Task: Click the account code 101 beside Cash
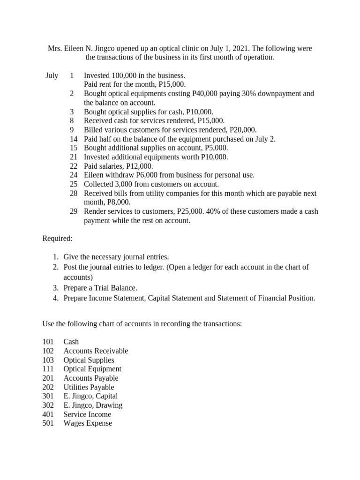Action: point(48,342)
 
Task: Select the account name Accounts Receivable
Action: point(96,351)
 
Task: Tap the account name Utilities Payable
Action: point(89,387)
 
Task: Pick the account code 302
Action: point(48,405)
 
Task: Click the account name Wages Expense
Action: point(88,423)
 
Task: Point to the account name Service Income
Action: point(87,414)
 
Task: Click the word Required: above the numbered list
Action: point(58,239)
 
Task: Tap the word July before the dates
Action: point(52,75)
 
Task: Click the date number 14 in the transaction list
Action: point(74,139)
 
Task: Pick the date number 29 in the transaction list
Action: point(74,211)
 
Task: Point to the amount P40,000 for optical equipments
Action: point(204,94)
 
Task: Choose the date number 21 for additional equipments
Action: point(74,157)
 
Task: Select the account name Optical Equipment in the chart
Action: point(92,369)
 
